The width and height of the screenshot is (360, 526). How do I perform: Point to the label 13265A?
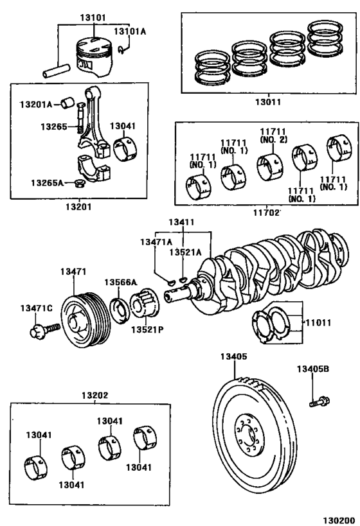(47, 182)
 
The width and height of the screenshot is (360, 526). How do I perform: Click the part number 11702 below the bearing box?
(265, 210)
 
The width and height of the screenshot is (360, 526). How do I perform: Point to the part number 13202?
(94, 395)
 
